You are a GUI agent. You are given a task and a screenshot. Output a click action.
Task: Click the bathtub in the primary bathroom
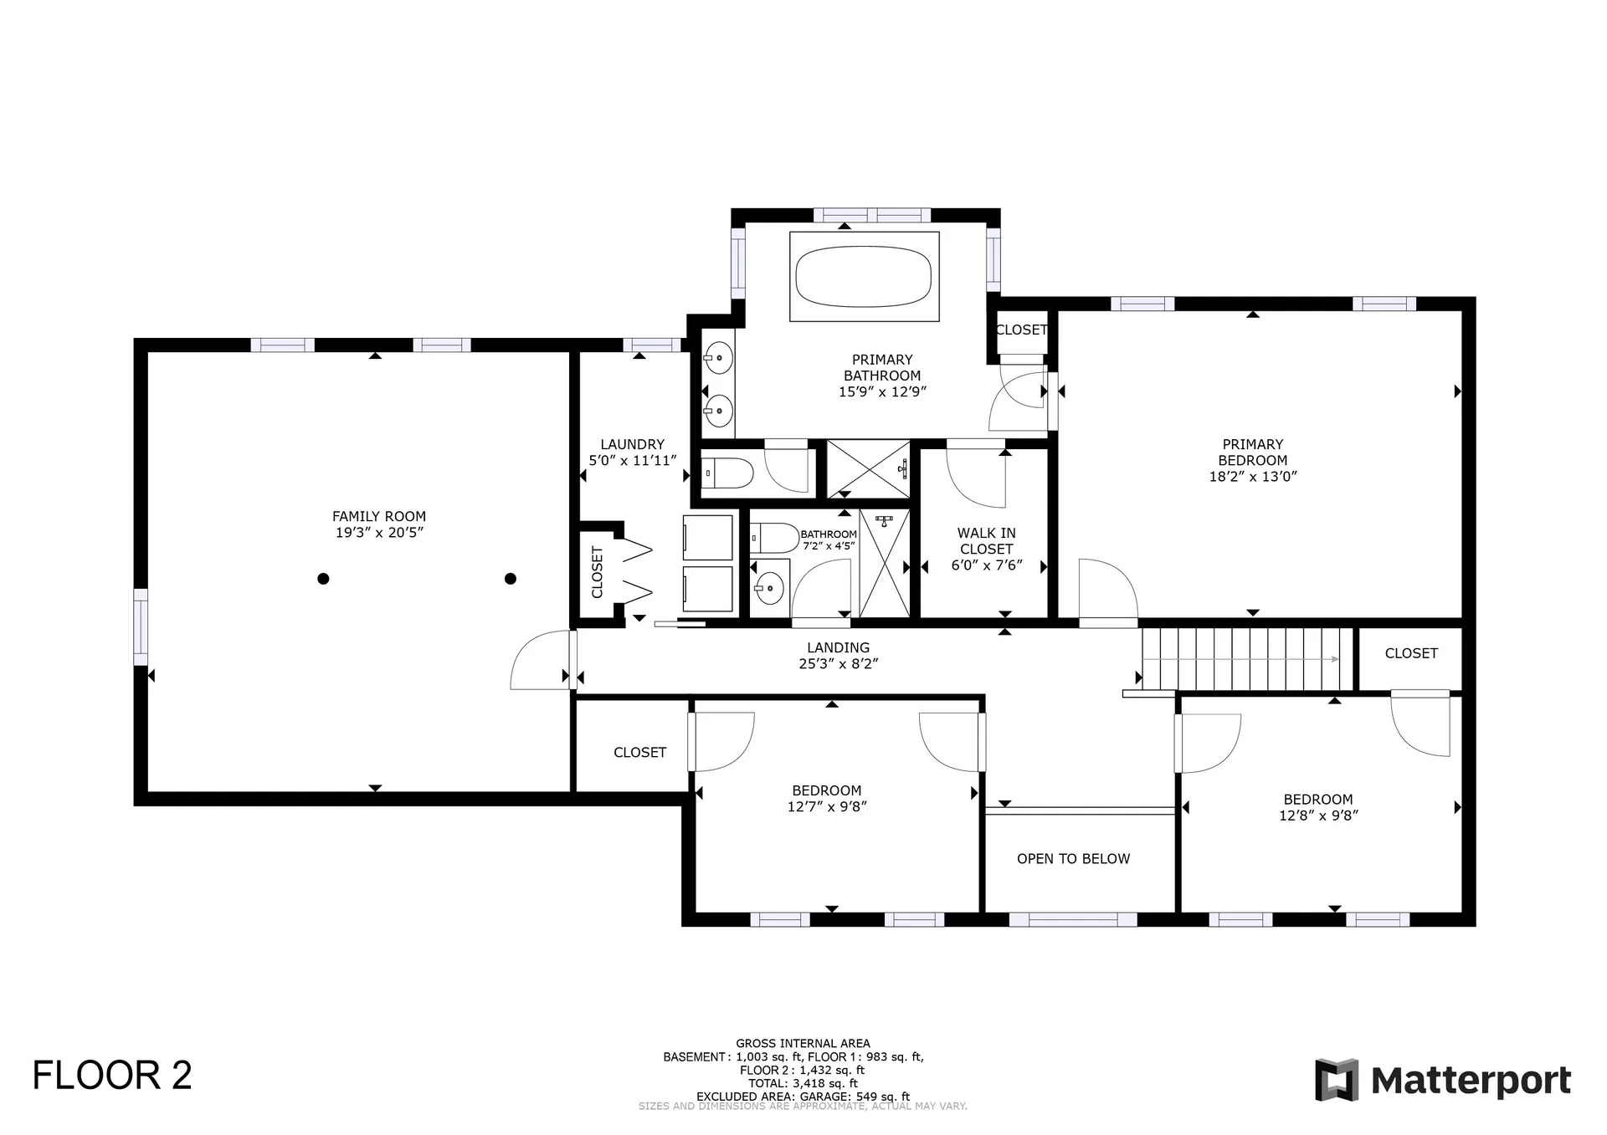point(863,275)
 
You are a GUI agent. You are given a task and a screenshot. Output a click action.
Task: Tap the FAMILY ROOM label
point(378,517)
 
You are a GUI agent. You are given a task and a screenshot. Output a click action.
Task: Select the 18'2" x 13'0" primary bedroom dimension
point(1252,477)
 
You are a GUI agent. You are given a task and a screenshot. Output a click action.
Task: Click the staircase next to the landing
point(1247,659)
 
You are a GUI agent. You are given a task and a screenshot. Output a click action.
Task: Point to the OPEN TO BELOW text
point(1073,859)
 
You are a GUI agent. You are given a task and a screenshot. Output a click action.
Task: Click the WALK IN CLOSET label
point(987,541)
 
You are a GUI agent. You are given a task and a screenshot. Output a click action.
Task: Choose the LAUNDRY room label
point(632,445)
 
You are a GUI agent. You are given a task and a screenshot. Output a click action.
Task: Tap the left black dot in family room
point(323,579)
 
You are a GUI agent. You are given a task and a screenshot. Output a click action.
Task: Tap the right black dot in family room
point(511,579)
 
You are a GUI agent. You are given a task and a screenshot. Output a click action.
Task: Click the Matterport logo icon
point(1337,1080)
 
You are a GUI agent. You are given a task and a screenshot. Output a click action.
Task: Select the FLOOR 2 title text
point(112,1076)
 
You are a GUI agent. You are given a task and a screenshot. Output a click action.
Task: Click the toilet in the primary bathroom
point(726,473)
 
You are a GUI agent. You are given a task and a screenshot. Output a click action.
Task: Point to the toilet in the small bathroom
point(774,537)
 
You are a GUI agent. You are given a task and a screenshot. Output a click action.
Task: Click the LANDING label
point(838,647)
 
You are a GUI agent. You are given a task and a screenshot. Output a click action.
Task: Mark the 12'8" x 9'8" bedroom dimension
point(1317,815)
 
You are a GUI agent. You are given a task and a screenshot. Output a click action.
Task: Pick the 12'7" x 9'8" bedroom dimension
point(826,807)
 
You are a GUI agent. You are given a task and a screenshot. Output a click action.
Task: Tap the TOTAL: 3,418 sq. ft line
point(803,1083)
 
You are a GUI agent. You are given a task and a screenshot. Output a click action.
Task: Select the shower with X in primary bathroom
point(868,469)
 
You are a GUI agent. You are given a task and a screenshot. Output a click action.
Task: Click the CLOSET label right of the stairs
point(1410,653)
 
